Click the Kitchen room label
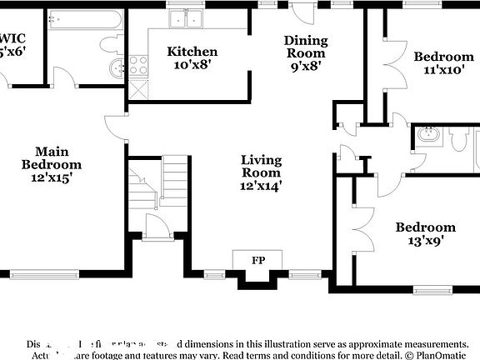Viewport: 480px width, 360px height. [x=192, y=52]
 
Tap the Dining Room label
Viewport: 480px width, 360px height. [x=306, y=47]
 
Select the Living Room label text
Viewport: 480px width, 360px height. [x=261, y=166]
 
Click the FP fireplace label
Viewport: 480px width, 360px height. [x=259, y=260]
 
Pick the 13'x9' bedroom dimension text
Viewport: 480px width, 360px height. [x=425, y=242]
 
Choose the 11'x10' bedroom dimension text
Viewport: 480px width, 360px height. [x=443, y=71]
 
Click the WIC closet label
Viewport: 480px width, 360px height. [x=12, y=37]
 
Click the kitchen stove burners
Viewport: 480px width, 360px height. [x=137, y=66]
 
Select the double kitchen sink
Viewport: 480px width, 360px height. [x=186, y=18]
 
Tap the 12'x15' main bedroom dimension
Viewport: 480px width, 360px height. [x=52, y=177]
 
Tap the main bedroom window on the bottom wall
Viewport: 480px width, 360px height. [x=45, y=272]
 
